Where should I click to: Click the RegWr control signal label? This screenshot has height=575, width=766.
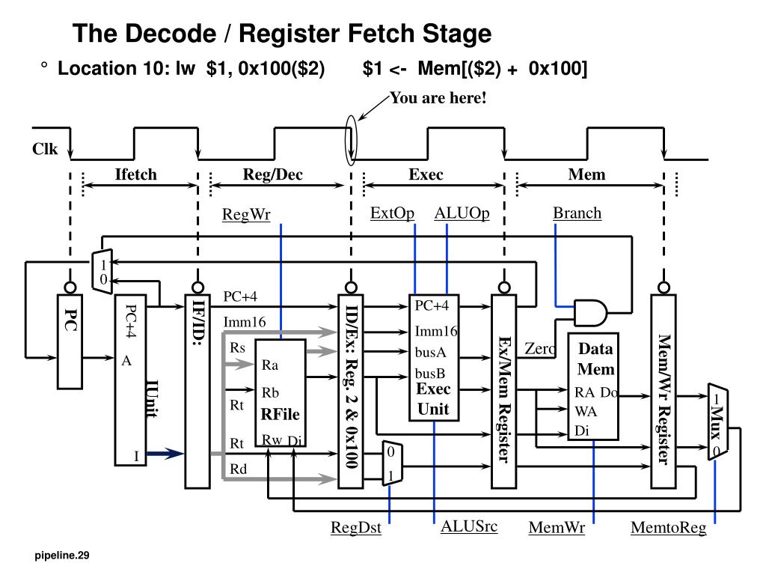pyautogui.click(x=246, y=214)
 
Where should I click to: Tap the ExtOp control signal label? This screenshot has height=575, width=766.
pyautogui.click(x=392, y=213)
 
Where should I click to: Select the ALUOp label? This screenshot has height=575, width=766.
pyautogui.click(x=462, y=213)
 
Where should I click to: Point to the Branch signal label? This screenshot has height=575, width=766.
pyautogui.click(x=577, y=213)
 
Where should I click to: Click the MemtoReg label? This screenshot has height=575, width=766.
pyautogui.click(x=668, y=528)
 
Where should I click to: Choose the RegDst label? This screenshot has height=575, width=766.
pyautogui.click(x=355, y=528)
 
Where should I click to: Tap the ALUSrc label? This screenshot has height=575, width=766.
pyautogui.click(x=469, y=526)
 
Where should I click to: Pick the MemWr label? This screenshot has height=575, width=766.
pyautogui.click(x=557, y=528)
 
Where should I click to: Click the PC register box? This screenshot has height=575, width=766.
pyautogui.click(x=70, y=341)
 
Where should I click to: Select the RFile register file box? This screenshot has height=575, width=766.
pyautogui.click(x=281, y=393)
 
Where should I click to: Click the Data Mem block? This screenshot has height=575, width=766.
pyautogui.click(x=593, y=387)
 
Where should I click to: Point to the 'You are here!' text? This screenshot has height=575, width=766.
pyautogui.click(x=438, y=98)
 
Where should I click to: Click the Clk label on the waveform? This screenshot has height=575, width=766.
pyautogui.click(x=45, y=149)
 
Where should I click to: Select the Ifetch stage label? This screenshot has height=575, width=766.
pyautogui.click(x=136, y=174)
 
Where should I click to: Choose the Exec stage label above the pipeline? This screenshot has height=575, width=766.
pyautogui.click(x=426, y=174)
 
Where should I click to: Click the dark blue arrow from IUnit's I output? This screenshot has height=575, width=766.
pyautogui.click(x=165, y=453)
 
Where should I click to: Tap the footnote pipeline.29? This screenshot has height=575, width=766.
pyautogui.click(x=62, y=555)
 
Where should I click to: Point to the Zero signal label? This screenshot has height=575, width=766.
pyautogui.click(x=540, y=349)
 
